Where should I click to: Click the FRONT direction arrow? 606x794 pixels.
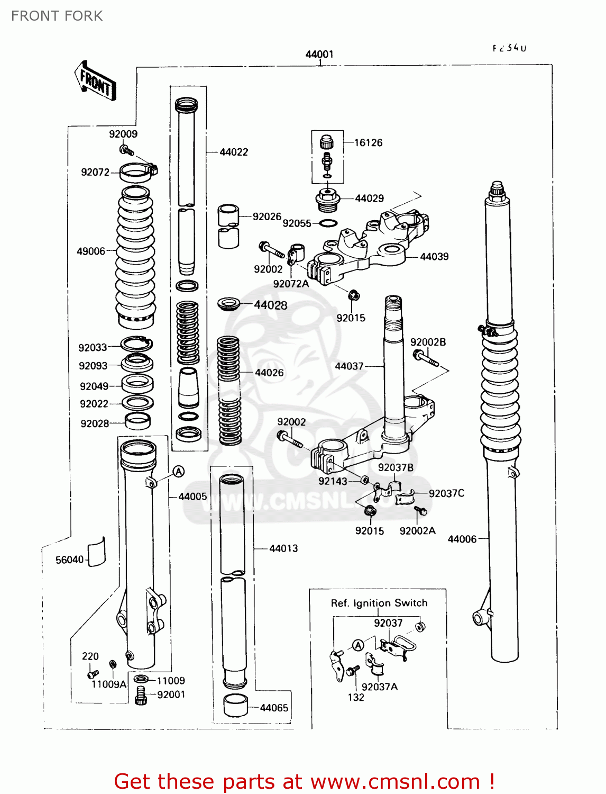click(x=96, y=82)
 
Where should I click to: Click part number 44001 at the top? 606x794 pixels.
click(x=319, y=54)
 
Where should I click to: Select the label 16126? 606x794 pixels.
click(x=368, y=142)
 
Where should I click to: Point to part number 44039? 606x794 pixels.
click(x=434, y=257)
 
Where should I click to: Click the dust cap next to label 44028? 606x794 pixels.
click(x=229, y=304)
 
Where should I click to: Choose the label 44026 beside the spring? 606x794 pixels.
click(x=269, y=373)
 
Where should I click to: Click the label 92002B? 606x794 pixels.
click(x=428, y=342)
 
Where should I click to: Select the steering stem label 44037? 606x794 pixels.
click(x=349, y=366)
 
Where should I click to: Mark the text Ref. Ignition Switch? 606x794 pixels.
click(x=379, y=603)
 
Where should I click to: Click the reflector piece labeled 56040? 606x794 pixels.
click(x=96, y=552)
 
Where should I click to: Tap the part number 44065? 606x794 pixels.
click(x=274, y=708)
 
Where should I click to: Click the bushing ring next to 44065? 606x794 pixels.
click(x=235, y=705)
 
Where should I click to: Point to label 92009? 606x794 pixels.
click(x=123, y=134)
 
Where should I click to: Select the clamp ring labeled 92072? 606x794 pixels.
click(x=137, y=172)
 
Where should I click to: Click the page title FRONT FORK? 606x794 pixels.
click(x=57, y=16)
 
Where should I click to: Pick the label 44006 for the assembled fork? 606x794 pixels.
click(x=462, y=539)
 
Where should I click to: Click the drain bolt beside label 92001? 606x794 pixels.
click(x=141, y=696)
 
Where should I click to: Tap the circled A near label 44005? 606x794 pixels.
click(x=179, y=471)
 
